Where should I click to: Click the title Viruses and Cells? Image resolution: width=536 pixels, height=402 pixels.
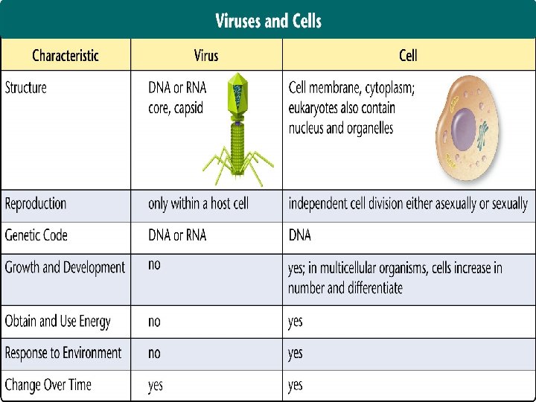point(268,21)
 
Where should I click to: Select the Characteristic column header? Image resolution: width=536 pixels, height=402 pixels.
point(66,55)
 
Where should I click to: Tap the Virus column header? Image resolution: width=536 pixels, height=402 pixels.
point(206,55)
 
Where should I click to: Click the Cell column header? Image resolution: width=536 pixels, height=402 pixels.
point(408,55)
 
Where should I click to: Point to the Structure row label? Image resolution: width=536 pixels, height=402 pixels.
point(25,88)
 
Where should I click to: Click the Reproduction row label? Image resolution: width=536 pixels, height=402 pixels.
point(36,204)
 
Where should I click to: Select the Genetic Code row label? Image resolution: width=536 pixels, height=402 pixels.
point(36,235)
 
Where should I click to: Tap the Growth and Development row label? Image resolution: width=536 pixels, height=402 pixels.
point(65,267)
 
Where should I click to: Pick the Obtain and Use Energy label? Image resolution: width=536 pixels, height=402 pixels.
point(58,322)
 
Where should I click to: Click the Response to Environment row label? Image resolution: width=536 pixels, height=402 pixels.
point(63,353)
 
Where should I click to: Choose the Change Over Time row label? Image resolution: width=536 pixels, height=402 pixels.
point(48,385)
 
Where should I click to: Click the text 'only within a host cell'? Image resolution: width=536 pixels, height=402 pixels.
point(198,204)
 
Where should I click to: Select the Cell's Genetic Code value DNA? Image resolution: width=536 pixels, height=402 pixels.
point(300,235)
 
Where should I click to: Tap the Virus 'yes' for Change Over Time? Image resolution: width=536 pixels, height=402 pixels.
point(155,386)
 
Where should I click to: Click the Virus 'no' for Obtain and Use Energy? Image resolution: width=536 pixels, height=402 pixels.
point(154,322)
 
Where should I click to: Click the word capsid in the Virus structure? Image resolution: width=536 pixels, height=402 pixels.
point(188,109)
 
